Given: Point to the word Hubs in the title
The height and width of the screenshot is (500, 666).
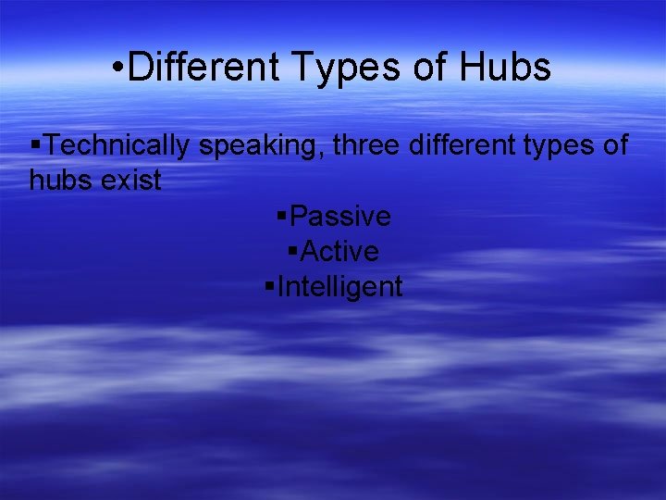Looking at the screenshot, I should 510,68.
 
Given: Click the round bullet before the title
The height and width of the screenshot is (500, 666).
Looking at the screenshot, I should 117,69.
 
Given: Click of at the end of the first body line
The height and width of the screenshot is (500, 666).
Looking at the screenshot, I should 613,145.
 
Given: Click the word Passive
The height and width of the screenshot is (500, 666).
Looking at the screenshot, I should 340,217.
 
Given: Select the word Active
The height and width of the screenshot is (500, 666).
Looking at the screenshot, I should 340,251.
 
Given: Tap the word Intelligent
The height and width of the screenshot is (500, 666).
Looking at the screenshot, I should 340,287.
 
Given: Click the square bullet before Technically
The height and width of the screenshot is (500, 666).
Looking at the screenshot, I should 34,145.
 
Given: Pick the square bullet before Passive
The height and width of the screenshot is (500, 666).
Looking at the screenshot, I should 281,216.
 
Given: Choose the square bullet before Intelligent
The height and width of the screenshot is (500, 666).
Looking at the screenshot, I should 269,286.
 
